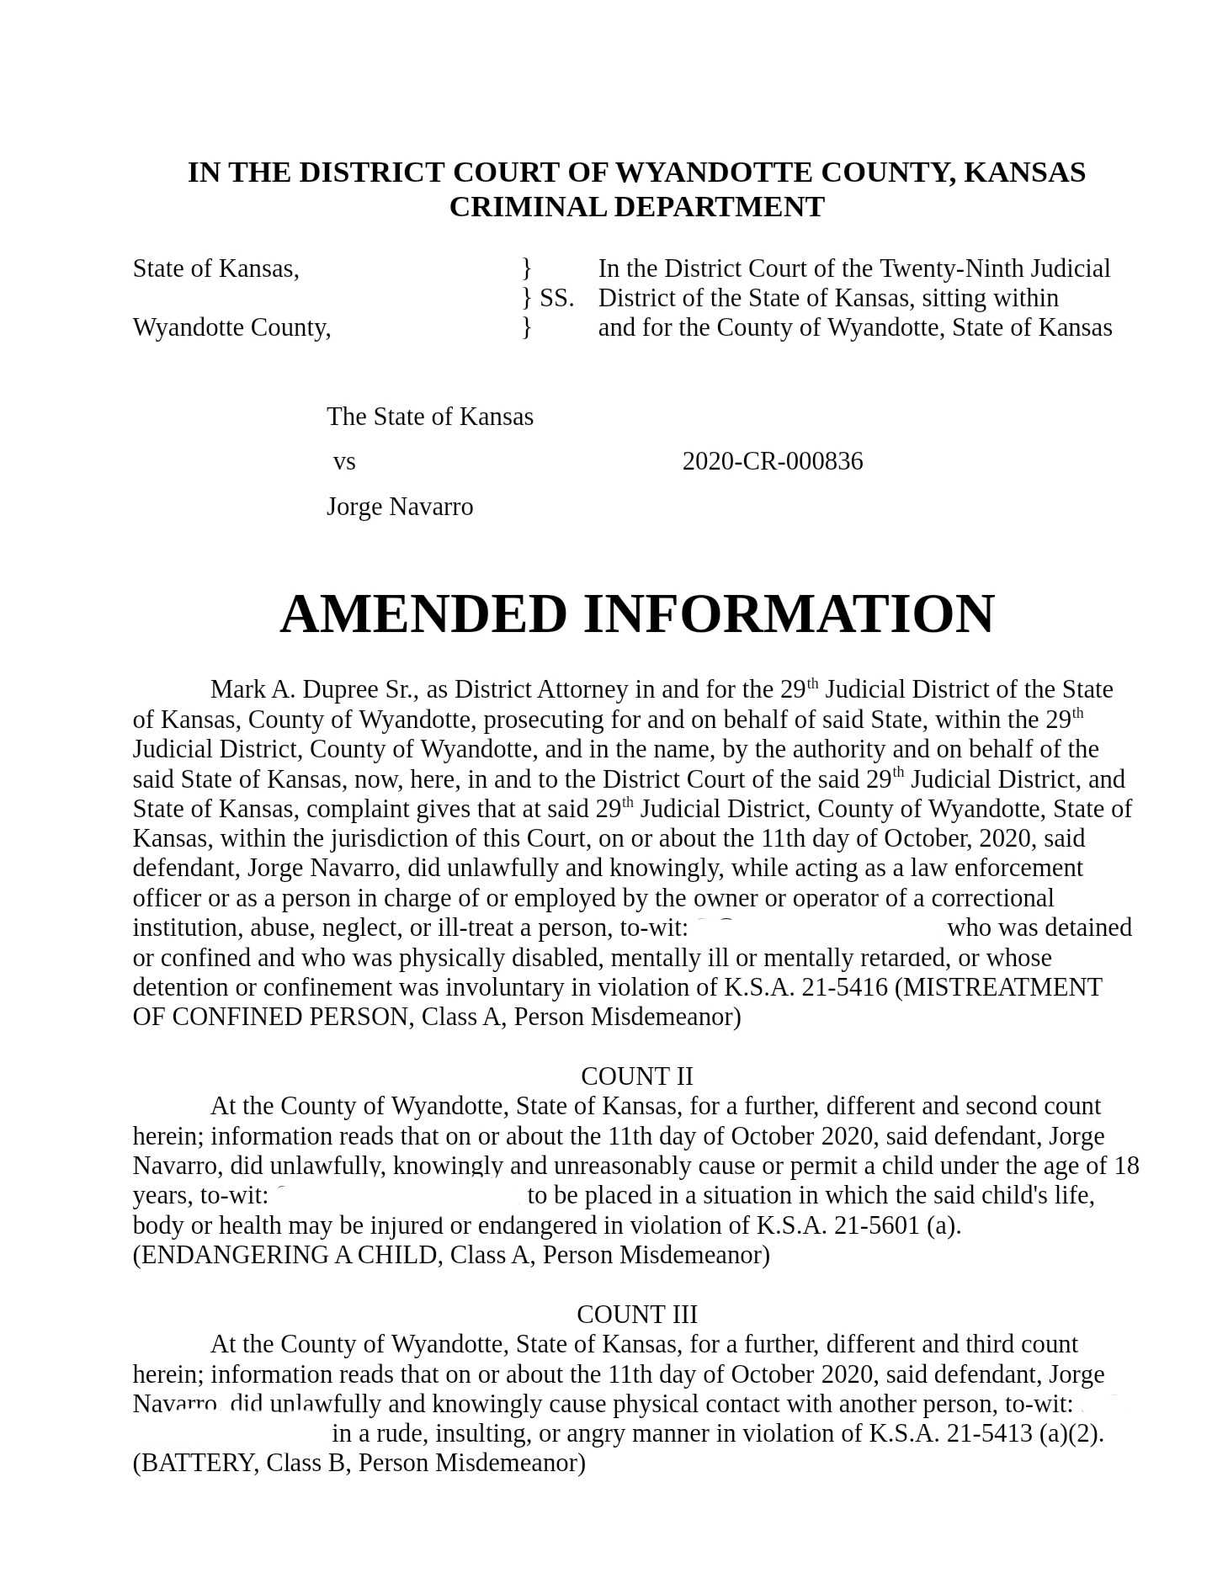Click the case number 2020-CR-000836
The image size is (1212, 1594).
click(772, 461)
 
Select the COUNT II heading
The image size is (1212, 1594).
click(636, 1076)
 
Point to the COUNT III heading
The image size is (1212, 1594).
click(636, 1314)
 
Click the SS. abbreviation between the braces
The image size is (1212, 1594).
click(556, 298)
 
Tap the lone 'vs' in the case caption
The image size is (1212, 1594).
click(344, 462)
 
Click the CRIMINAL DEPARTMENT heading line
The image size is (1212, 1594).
click(636, 207)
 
